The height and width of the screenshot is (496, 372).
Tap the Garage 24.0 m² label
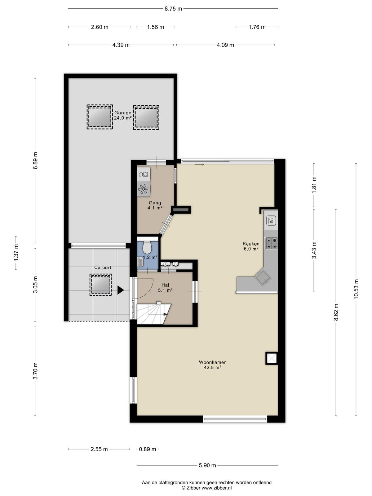[123, 115]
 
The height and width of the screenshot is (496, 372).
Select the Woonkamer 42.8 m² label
[212, 365]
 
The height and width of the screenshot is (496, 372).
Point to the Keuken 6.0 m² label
[251, 246]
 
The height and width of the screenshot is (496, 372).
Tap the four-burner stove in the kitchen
[271, 243]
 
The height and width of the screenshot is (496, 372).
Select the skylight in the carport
[100, 285]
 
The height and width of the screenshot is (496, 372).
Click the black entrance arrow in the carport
[120, 290]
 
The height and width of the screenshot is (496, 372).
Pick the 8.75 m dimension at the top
[173, 9]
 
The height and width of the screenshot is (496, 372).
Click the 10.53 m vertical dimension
[356, 290]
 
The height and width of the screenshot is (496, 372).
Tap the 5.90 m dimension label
[207, 465]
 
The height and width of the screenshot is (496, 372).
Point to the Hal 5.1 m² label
[165, 287]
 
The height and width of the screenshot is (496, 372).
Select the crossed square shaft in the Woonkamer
[272, 358]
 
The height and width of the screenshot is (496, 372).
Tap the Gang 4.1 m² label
[155, 206]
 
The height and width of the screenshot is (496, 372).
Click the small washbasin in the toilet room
[140, 262]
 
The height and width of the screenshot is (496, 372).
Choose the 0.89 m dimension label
[148, 449]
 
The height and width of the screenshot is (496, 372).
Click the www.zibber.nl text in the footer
[217, 488]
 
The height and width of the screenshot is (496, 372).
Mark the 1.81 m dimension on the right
[314, 185]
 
